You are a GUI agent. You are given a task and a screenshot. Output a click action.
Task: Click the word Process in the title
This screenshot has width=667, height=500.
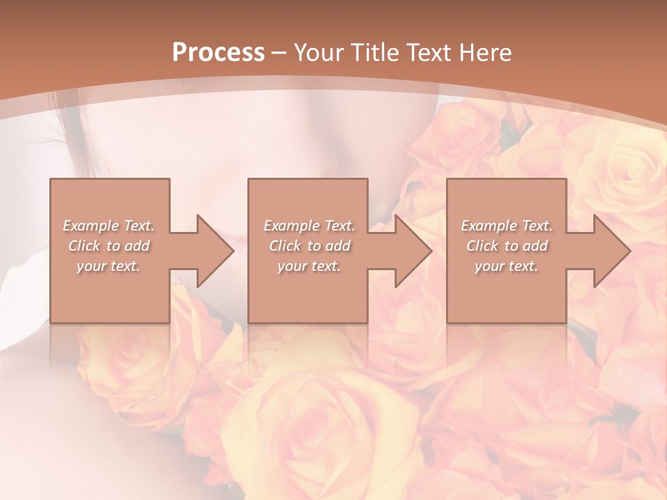(x=218, y=53)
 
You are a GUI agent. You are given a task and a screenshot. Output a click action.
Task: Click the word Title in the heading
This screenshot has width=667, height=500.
(x=372, y=53)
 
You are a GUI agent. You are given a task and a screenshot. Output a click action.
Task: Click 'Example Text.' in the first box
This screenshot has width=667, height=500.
(x=109, y=226)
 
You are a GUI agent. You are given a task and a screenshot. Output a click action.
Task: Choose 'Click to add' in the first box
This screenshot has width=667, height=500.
(x=109, y=246)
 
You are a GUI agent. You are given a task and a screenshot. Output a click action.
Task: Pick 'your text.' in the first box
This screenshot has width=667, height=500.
(x=109, y=266)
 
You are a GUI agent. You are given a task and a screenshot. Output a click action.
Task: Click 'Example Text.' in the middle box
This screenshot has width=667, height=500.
(x=309, y=226)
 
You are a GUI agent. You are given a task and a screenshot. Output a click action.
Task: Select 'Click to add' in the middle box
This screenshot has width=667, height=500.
(x=309, y=246)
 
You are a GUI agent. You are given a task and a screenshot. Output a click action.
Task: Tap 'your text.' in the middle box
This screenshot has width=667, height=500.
(x=309, y=266)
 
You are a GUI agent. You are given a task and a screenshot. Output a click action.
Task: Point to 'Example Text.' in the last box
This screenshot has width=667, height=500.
(x=507, y=226)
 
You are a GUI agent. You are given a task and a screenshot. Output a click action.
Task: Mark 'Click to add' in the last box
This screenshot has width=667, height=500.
(x=507, y=246)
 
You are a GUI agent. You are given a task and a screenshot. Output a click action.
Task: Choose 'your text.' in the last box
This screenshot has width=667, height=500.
(x=507, y=266)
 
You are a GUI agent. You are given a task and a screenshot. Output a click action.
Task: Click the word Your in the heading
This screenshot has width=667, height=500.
(x=317, y=53)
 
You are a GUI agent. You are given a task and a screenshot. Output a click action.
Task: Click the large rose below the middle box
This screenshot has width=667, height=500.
(x=320, y=417)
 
